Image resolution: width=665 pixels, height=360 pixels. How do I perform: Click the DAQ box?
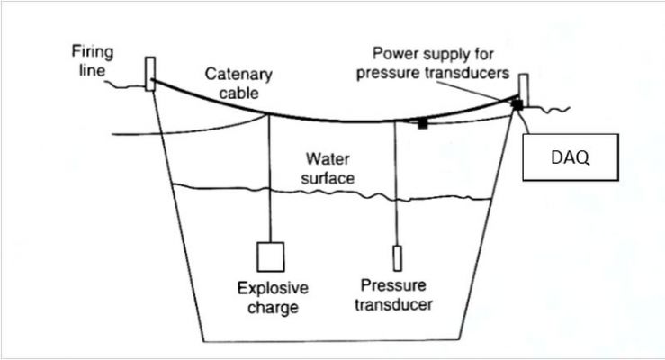point(569,158)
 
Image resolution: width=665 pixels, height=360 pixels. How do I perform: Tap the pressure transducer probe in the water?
point(396,259)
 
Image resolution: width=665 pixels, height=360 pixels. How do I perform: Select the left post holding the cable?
point(149,73)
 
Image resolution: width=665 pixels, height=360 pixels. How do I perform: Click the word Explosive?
point(272,289)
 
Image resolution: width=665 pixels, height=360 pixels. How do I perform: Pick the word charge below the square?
point(272,308)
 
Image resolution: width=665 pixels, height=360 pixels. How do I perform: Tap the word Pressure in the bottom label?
point(388,285)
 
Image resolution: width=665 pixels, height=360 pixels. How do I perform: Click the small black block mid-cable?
point(421,122)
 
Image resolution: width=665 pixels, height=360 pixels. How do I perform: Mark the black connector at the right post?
point(517,104)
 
